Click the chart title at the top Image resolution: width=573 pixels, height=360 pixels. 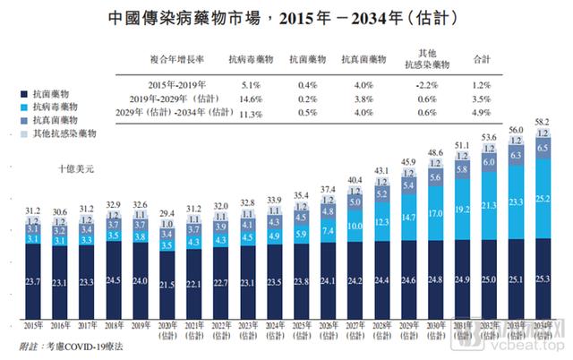(x=286, y=17)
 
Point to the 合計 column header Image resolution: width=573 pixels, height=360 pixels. (x=480, y=59)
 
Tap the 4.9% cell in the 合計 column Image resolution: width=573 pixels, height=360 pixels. (x=480, y=113)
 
